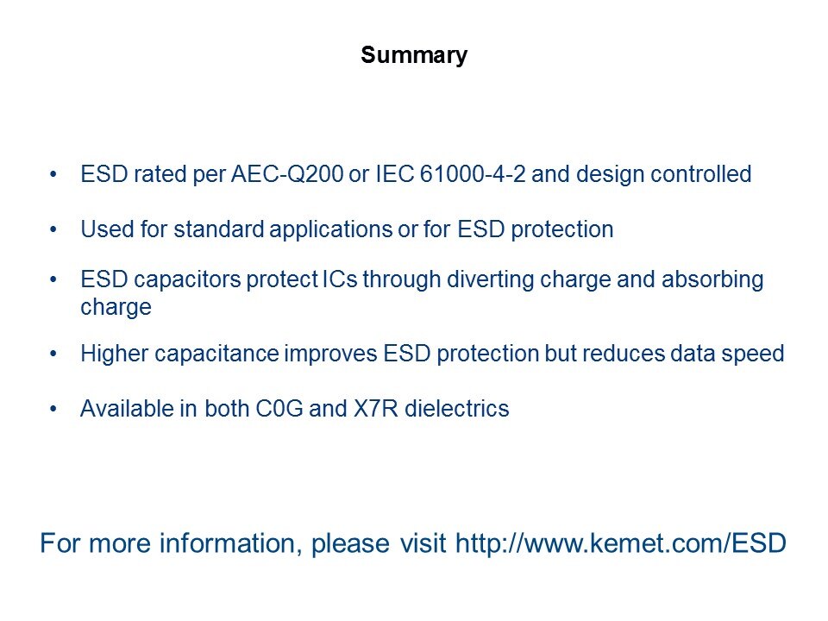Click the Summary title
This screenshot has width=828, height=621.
[x=414, y=55]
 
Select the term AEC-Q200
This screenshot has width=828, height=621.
[x=287, y=174]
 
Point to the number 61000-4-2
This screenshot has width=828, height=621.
[x=473, y=174]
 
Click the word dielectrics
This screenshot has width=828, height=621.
[x=457, y=409]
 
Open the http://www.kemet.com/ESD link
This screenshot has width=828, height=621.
[x=621, y=543]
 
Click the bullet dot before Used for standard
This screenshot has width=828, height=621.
[x=53, y=229]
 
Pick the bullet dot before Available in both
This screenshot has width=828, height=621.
[x=53, y=409]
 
